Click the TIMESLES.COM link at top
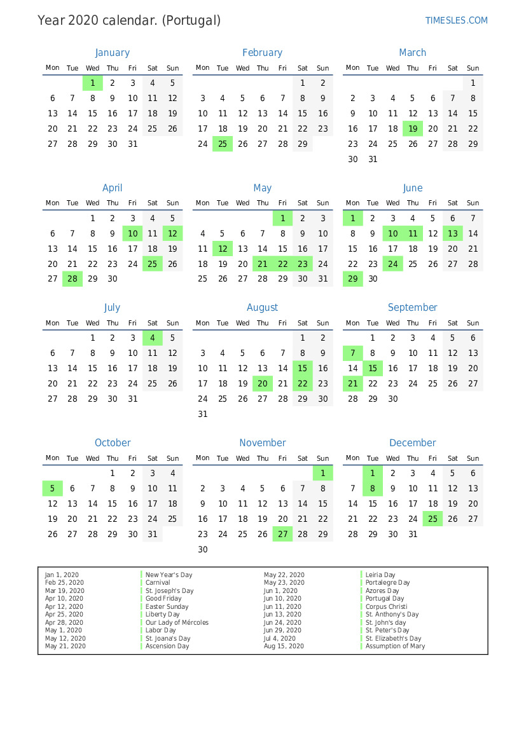click(456, 20)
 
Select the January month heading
click(112, 53)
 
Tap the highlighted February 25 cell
click(223, 144)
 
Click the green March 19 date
click(413, 129)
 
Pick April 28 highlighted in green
click(73, 279)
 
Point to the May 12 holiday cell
click(223, 249)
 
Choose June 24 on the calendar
click(393, 264)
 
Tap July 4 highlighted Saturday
click(153, 338)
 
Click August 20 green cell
click(263, 383)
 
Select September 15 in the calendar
click(373, 369)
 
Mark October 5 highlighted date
click(53, 488)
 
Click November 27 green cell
click(283, 535)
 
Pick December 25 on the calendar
click(433, 519)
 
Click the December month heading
click(413, 443)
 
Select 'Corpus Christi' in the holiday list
click(386, 607)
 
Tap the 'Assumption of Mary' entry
click(395, 646)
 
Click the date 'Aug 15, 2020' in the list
click(284, 646)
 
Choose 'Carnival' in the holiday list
click(158, 583)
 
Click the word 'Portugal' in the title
click(191, 20)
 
